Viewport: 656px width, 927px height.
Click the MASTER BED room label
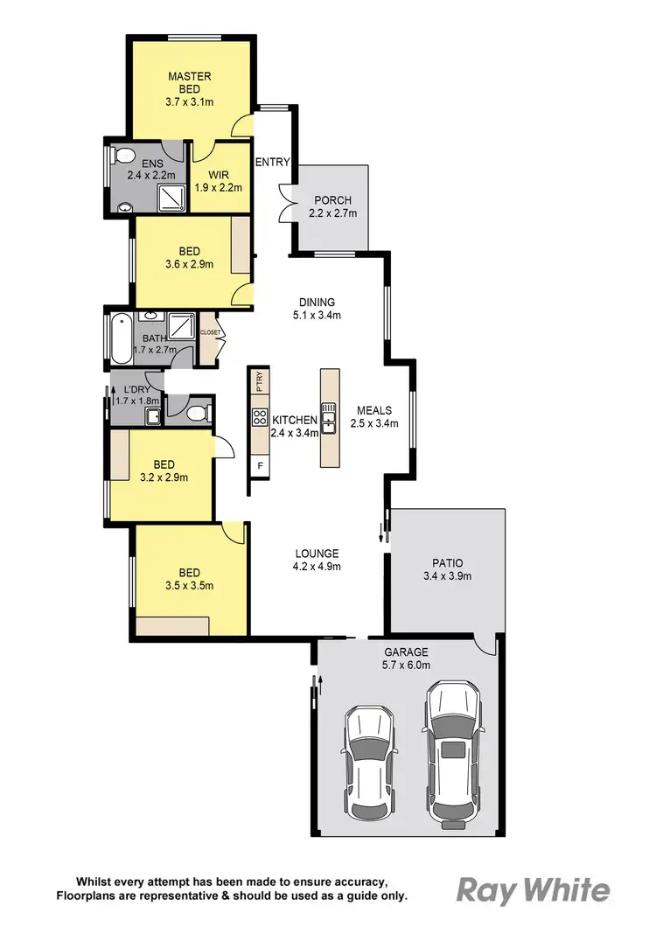point(190,76)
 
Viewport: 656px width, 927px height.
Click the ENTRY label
point(272,162)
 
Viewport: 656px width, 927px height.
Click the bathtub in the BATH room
point(118,339)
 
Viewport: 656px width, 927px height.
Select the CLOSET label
point(210,333)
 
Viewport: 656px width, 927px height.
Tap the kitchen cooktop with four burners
point(260,417)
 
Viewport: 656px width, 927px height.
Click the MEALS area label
point(373,410)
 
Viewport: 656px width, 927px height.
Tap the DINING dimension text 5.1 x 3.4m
point(316,315)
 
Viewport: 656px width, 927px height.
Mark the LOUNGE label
point(316,553)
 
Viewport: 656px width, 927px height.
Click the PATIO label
point(447,563)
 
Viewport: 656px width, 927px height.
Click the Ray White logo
point(533,890)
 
